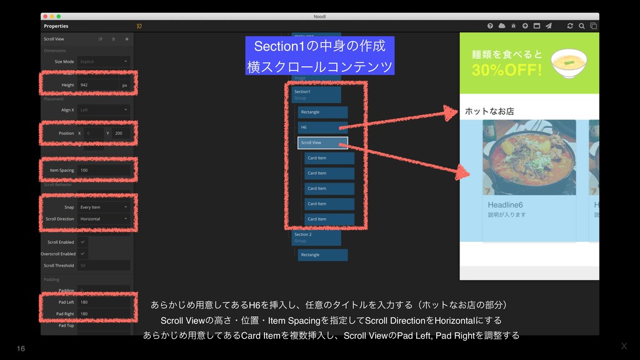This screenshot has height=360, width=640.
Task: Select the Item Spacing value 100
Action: [x=103, y=170]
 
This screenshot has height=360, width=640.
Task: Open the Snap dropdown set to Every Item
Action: [x=104, y=207]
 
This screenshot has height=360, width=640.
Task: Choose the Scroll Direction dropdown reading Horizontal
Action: [x=104, y=219]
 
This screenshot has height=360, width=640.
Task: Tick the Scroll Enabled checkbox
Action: [x=83, y=242]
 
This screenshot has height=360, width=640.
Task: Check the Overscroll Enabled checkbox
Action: [x=83, y=254]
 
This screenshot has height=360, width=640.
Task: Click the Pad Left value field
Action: [x=104, y=302]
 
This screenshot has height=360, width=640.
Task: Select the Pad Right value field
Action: [x=104, y=314]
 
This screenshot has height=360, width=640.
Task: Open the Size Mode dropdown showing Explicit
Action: [x=104, y=62]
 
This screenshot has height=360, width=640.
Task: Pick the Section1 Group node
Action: [x=316, y=94]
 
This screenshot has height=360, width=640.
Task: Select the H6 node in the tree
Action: [x=322, y=127]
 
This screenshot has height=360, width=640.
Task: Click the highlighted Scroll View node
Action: [x=322, y=142]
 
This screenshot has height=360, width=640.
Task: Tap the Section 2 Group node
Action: [x=316, y=237]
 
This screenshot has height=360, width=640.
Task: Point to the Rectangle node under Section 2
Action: [x=322, y=255]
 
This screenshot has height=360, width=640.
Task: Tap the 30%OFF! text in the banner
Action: [x=507, y=70]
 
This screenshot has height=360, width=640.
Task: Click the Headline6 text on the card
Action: [x=506, y=205]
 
